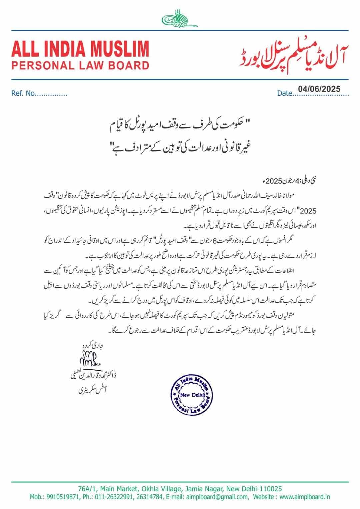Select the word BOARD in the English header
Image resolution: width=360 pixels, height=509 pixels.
click(x=129, y=65)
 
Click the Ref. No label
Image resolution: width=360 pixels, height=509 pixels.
click(x=23, y=94)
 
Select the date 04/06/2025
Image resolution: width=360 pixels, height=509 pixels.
click(x=319, y=89)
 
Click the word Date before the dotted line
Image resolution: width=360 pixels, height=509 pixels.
click(x=284, y=94)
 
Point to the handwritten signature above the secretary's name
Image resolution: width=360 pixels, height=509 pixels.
click(x=89, y=360)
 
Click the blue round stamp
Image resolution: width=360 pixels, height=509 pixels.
click(x=191, y=395)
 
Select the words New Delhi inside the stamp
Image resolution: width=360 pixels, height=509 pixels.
click(x=191, y=395)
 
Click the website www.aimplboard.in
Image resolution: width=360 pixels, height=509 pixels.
click(x=305, y=497)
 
